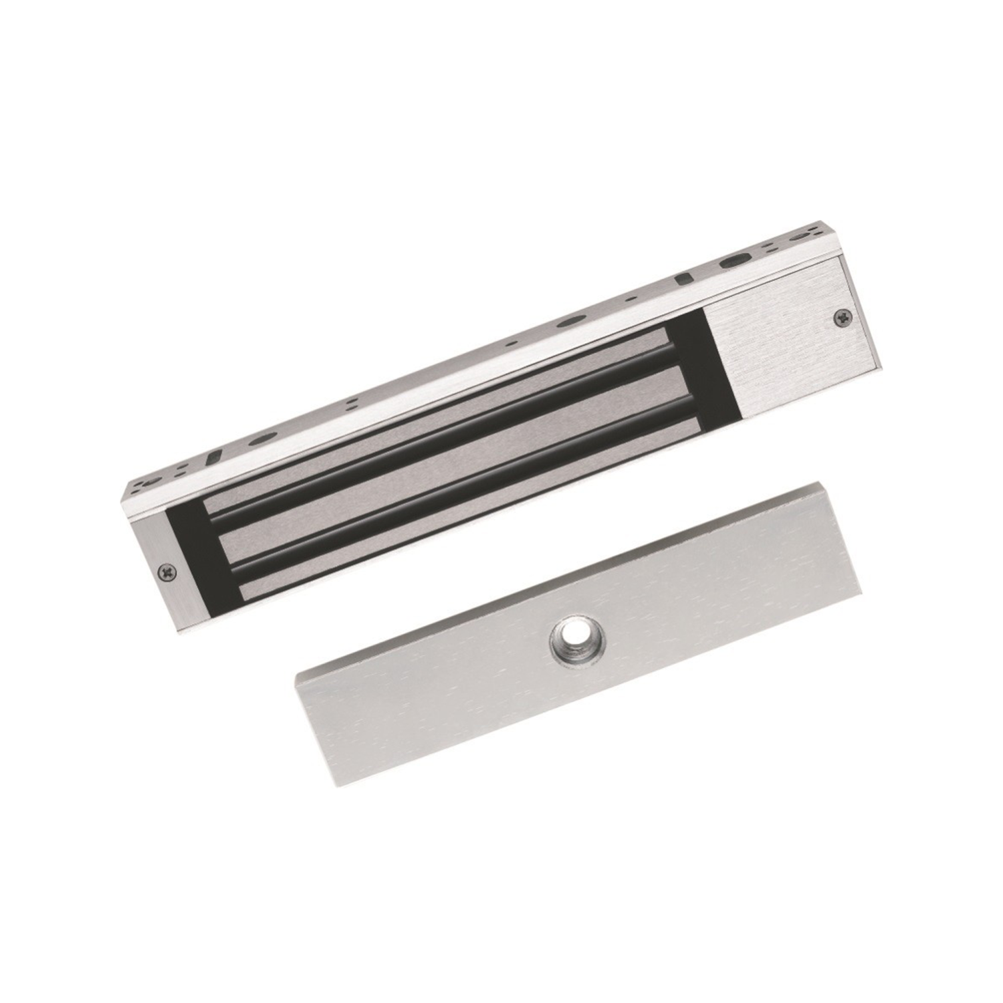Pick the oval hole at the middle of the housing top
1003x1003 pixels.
click(569, 322)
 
